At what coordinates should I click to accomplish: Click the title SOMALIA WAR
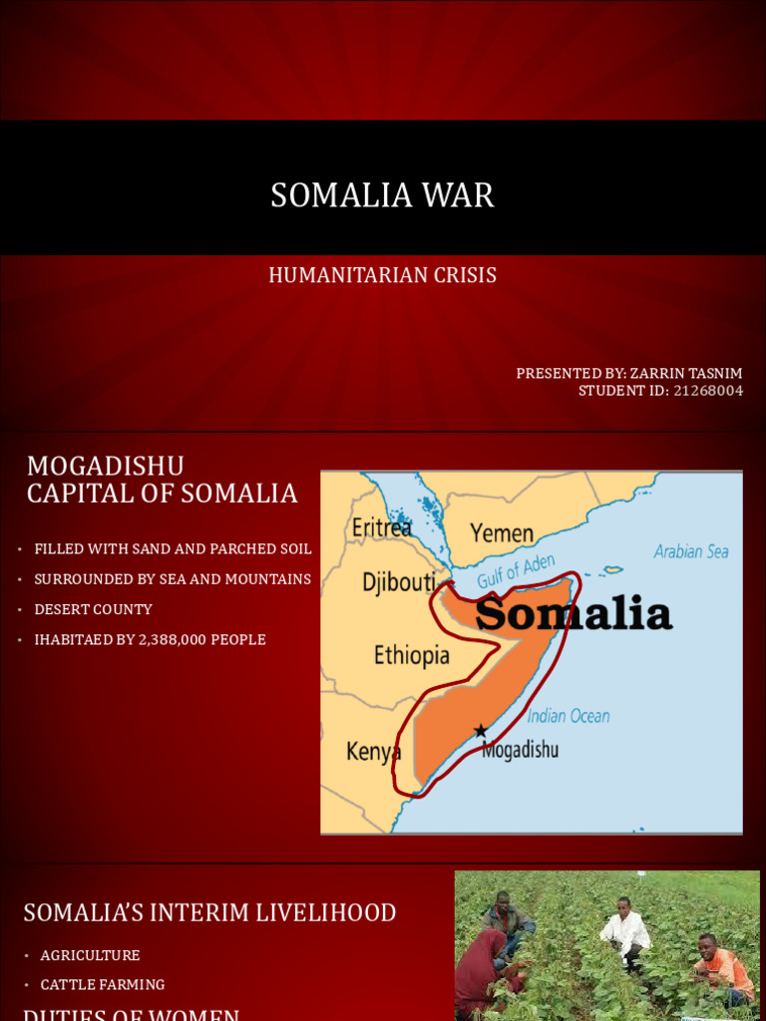pos(382,195)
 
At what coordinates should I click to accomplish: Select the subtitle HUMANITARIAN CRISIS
pos(382,275)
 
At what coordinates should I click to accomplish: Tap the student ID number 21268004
pos(708,391)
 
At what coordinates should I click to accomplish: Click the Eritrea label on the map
pos(381,527)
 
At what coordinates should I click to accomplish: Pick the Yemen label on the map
pos(502,533)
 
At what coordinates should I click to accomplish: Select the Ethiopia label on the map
pos(411,655)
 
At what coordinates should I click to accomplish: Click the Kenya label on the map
pos(373,752)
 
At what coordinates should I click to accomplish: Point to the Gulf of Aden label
pos(516,571)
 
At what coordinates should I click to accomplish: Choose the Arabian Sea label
pos(691,551)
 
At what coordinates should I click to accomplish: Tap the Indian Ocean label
pos(568,716)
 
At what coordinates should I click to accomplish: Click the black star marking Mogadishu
pos(481,731)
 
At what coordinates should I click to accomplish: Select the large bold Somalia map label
pos(574,614)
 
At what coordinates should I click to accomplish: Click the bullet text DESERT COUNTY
pos(93,609)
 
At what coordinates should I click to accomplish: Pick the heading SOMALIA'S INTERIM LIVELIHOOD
pos(209,912)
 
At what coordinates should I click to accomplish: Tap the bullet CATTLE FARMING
pos(103,985)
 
